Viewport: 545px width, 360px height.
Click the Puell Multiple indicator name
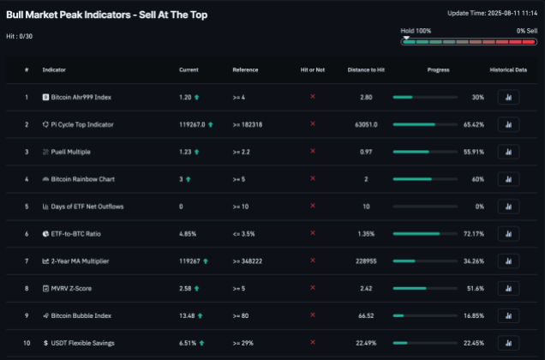point(71,152)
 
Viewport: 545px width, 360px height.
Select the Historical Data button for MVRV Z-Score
point(508,289)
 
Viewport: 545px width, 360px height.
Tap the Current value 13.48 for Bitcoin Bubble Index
point(188,315)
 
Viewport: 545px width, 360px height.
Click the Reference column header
point(245,69)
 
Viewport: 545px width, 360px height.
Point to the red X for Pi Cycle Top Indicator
point(312,124)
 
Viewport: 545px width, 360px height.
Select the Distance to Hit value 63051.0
point(366,124)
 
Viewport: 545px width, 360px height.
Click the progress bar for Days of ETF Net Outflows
point(427,207)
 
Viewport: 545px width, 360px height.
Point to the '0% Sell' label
point(526,31)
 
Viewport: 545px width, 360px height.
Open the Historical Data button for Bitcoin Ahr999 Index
point(508,97)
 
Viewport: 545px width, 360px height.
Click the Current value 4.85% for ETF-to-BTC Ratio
point(188,234)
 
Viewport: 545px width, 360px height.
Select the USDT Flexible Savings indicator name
point(82,343)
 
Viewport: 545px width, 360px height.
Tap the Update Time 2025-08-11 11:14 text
point(493,13)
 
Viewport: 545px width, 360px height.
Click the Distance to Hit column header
point(366,69)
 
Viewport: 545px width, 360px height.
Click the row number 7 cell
point(27,261)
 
